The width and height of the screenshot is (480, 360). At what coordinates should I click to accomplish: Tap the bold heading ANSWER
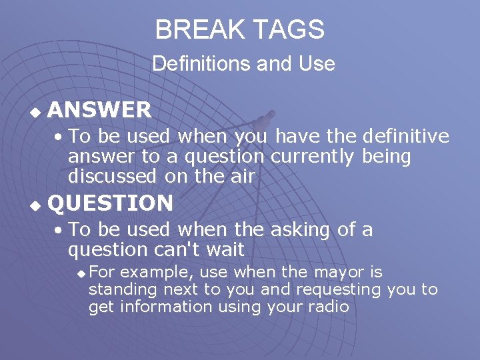[99, 109]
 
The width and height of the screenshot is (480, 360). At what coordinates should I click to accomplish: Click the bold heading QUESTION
[111, 203]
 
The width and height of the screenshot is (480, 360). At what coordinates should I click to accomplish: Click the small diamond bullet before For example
[81, 273]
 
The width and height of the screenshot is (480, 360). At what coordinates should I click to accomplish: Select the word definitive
[405, 137]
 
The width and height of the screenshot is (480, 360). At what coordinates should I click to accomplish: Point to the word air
[243, 177]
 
